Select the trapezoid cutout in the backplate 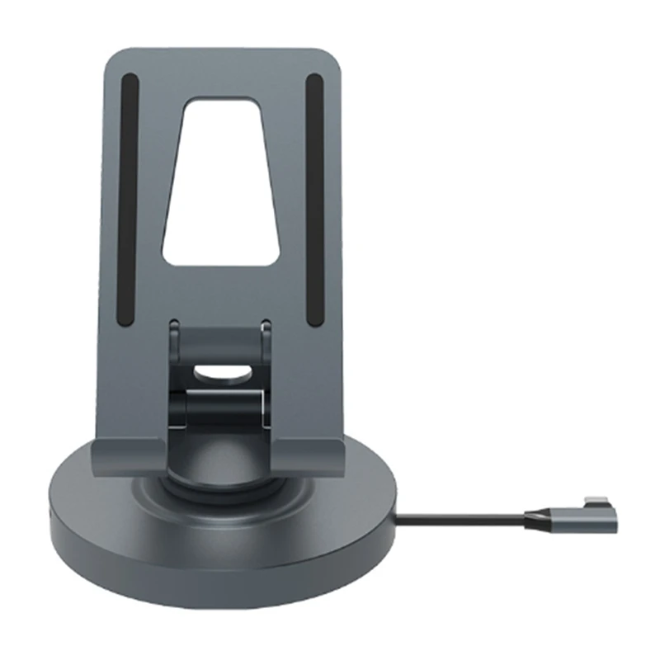220,181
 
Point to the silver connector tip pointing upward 596,500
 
